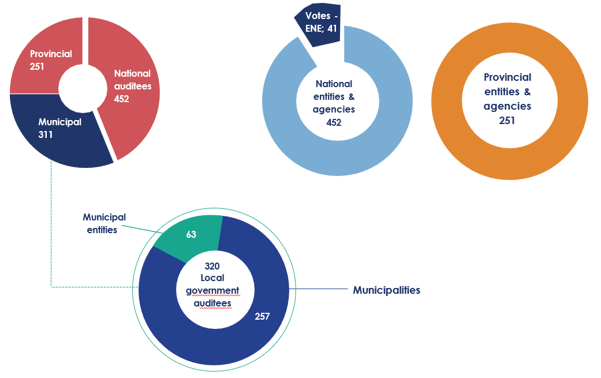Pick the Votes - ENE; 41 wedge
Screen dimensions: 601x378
318,25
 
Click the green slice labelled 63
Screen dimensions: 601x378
191,235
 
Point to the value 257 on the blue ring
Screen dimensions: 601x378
262,316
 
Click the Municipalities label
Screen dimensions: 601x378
386,290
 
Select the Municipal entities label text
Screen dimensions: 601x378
104,223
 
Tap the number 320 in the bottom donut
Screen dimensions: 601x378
212,266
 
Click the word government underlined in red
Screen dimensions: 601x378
212,291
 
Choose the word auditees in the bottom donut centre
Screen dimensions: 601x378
212,304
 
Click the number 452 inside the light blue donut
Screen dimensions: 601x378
334,122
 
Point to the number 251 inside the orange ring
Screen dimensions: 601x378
507,121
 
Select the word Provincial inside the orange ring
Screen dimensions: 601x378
507,77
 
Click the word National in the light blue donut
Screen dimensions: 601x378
334,84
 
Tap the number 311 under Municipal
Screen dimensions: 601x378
45,135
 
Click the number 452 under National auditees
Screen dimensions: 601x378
121,99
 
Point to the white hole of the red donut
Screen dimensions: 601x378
83,89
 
